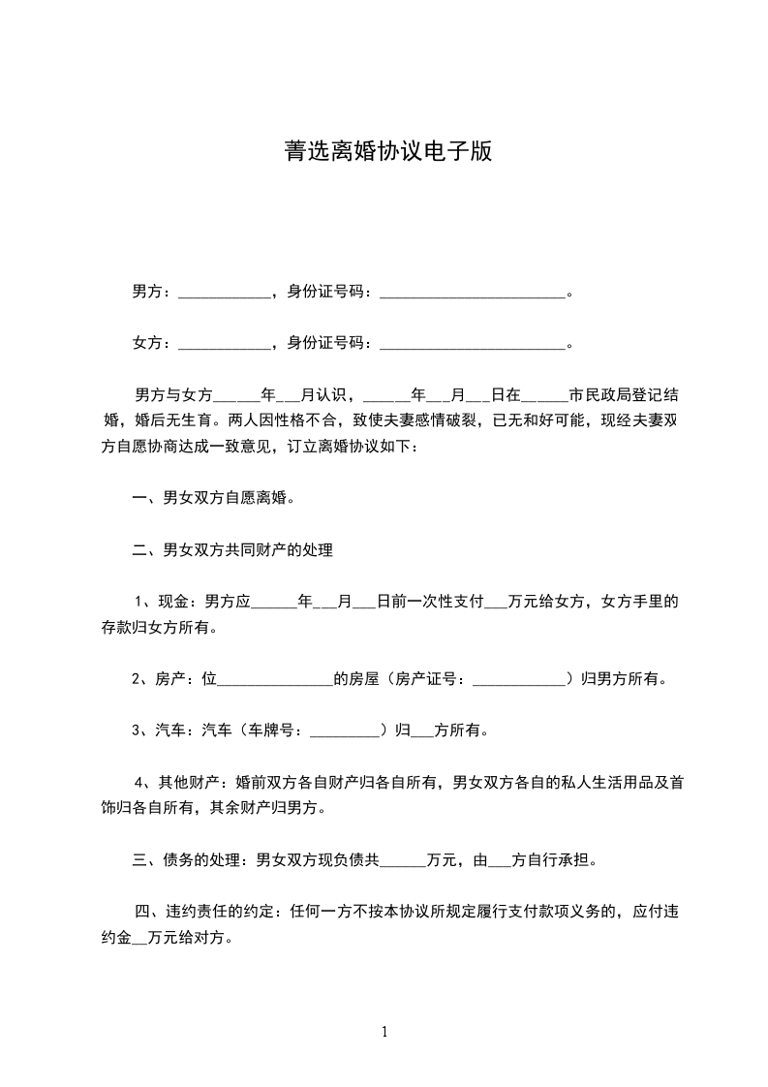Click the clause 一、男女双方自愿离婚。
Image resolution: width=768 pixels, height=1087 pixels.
pyautogui.click(x=213, y=499)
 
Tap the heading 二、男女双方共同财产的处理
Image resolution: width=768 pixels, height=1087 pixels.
pyautogui.click(x=232, y=550)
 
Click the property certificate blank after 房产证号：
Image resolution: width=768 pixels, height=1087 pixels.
pyautogui.click(x=518, y=681)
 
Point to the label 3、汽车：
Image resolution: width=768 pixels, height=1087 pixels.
pyautogui.click(x=167, y=730)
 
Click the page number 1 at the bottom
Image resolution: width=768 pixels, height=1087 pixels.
pyautogui.click(x=384, y=1032)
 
